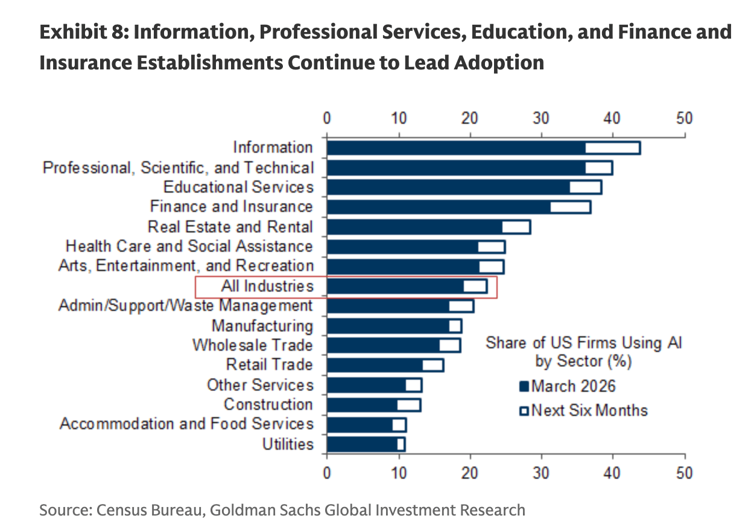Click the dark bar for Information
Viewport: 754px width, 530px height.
pos(455,148)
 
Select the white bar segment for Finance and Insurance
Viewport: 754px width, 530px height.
pos(570,207)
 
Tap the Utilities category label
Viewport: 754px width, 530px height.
pos(288,445)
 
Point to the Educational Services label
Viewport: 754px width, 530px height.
pos(238,187)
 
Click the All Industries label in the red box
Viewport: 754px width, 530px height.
pos(267,286)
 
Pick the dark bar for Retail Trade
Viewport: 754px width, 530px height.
pos(375,365)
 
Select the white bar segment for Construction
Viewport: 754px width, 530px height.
pos(408,405)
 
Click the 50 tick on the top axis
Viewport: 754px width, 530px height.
pos(685,118)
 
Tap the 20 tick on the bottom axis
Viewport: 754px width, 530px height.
pos(469,472)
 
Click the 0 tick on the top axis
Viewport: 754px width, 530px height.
pos(327,118)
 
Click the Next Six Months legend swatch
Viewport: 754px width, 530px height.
pos(524,411)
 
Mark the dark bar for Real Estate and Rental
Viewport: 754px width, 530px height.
pos(414,227)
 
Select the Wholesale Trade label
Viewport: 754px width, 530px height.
pos(253,345)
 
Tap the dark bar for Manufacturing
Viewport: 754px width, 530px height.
pos(388,326)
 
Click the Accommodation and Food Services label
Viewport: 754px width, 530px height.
pos(186,424)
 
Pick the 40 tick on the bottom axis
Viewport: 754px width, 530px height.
pos(613,472)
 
